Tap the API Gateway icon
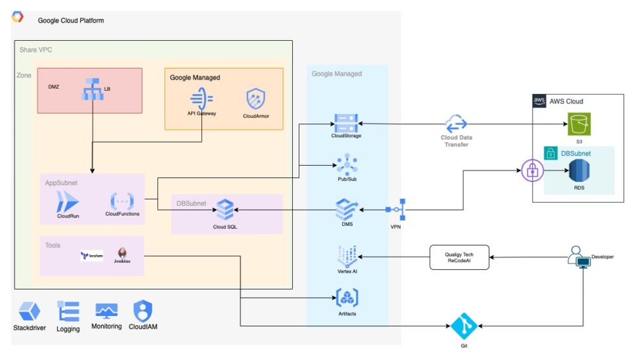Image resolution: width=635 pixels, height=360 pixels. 202,99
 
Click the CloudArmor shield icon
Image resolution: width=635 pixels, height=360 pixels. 255,100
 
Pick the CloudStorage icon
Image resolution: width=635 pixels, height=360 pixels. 346,122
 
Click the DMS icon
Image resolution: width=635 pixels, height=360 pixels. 346,209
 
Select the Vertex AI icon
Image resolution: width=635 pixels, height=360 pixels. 346,255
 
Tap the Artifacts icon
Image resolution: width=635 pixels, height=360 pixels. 346,297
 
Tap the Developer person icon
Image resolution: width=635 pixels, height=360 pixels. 579,258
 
